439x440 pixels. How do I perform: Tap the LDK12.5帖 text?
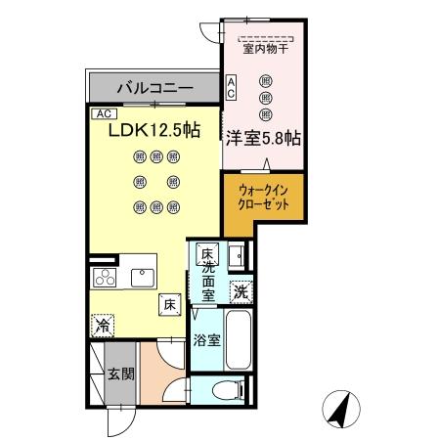(x=156, y=129)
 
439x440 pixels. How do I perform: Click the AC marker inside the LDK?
(x=102, y=113)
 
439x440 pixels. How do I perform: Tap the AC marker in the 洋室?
(x=231, y=87)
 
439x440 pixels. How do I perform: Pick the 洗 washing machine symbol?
(x=241, y=290)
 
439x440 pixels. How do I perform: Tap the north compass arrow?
(x=337, y=408)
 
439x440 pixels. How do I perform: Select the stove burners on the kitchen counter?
(x=103, y=277)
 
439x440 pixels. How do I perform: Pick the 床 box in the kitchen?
(x=169, y=304)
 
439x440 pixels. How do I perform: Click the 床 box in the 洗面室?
(x=206, y=255)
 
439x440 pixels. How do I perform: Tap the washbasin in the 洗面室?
(x=238, y=257)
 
